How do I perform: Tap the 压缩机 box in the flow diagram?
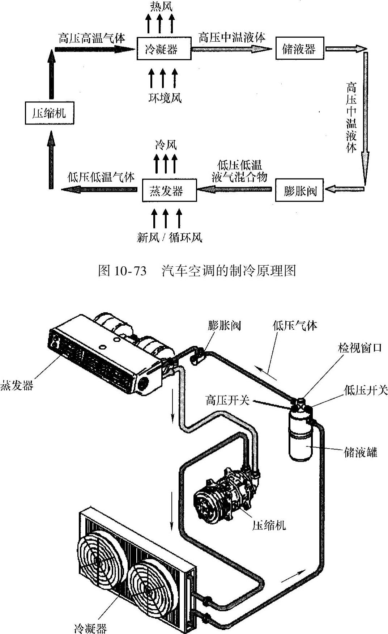50,113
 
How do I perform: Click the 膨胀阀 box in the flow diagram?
299,190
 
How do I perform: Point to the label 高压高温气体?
92,38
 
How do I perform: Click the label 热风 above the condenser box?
161,6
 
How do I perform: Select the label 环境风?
165,98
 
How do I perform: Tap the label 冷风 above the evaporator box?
166,145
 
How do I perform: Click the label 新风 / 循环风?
169,237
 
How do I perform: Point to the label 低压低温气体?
101,177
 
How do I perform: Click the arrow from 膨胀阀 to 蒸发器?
235,189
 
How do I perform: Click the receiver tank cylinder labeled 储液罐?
300,438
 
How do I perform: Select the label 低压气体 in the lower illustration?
295,325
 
